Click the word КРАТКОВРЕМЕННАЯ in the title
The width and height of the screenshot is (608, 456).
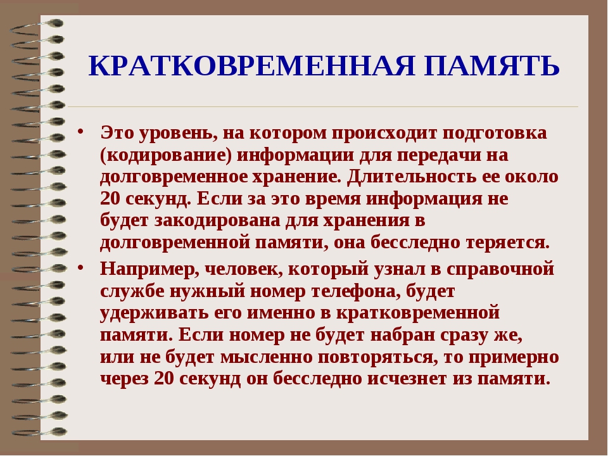coord(252,65)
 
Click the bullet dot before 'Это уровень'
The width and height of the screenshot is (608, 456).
coord(80,130)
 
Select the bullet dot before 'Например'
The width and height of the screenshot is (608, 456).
coord(80,267)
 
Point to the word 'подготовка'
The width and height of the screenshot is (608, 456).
coord(495,134)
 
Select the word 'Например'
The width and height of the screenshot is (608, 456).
coord(149,269)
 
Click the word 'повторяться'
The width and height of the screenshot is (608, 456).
coord(376,357)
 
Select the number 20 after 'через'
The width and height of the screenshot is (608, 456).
coord(164,379)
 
